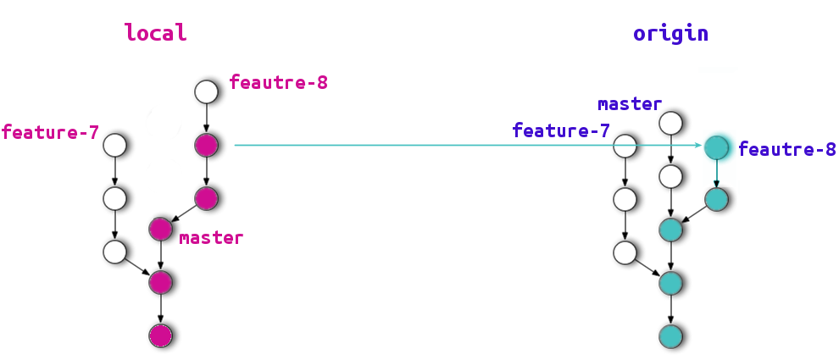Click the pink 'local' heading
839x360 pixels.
tap(155, 33)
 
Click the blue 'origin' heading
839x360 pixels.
tap(670, 34)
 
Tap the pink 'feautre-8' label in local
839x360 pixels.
tap(278, 83)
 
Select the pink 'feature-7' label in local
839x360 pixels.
tap(50, 132)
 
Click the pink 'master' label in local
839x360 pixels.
tap(211, 238)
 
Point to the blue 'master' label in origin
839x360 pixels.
tap(630, 104)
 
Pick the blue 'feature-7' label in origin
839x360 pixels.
tap(561, 130)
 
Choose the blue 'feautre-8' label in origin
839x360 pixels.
tap(787, 150)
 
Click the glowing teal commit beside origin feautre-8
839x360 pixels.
tap(717, 147)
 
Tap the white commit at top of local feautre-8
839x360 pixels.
tap(207, 91)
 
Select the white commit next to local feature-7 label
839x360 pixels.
tap(115, 145)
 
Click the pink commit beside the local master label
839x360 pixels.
tap(161, 229)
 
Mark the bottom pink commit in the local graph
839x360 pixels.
tap(161, 335)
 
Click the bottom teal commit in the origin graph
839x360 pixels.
tap(671, 335)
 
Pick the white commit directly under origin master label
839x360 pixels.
tap(671, 123)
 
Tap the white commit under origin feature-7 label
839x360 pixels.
tap(625, 147)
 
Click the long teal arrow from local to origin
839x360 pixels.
tap(466, 145)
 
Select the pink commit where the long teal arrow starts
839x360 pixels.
tap(207, 145)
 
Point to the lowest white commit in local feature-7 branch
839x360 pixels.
tap(115, 252)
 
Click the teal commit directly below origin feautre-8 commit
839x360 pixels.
tap(717, 200)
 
